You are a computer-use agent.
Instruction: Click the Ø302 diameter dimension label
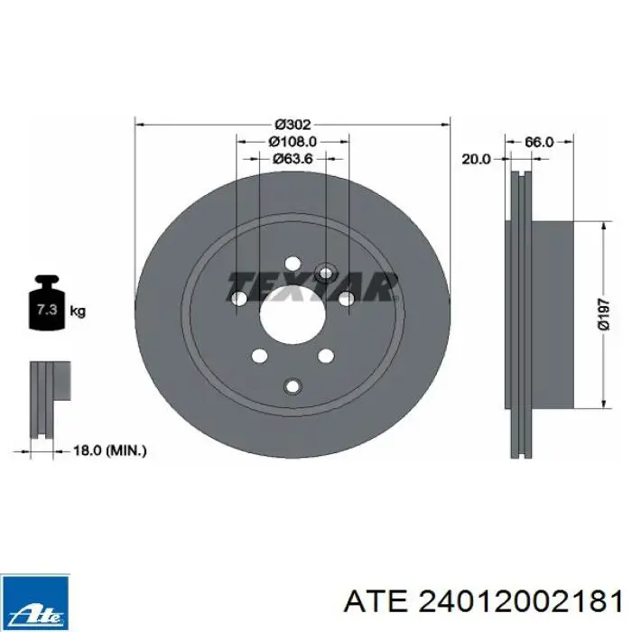pyautogui.click(x=293, y=125)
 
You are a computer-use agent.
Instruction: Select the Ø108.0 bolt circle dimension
pyautogui.click(x=293, y=142)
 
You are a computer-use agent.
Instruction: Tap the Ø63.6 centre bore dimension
pyautogui.click(x=293, y=159)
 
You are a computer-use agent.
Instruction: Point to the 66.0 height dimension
pyautogui.click(x=539, y=142)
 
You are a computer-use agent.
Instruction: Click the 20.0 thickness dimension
pyautogui.click(x=476, y=159)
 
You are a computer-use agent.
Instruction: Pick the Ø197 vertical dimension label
pyautogui.click(x=603, y=314)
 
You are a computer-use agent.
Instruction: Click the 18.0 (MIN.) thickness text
pyautogui.click(x=109, y=451)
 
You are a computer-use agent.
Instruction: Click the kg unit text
pyautogui.click(x=79, y=311)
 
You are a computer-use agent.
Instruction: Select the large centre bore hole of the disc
pyautogui.click(x=293, y=315)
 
